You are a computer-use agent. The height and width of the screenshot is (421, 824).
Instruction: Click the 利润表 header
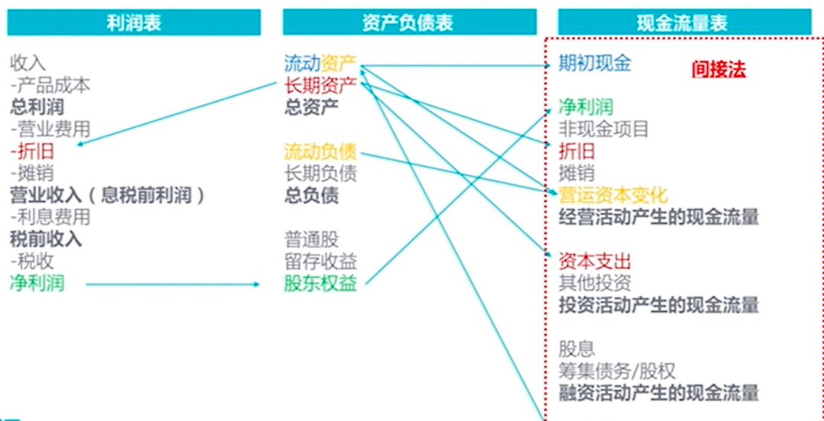coord(134,23)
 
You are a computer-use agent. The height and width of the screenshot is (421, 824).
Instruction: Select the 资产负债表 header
coord(408,23)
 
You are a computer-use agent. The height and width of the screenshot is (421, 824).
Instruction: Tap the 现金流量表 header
coord(683,23)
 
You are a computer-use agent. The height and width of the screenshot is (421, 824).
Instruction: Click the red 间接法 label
coord(718,69)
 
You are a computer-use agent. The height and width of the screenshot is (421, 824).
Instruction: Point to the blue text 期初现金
coord(595,63)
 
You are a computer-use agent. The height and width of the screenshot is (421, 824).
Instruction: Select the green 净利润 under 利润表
coord(37,284)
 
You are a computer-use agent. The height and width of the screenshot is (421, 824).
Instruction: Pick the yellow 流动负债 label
coord(320,151)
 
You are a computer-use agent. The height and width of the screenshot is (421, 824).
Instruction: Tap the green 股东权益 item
coord(320,284)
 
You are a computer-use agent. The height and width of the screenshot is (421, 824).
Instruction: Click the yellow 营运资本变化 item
coord(613,195)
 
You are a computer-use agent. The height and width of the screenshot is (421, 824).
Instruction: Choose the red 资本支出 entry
coord(595,262)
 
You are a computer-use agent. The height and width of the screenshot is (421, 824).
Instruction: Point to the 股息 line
coord(577,350)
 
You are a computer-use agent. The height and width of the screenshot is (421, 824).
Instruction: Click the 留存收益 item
coord(320,262)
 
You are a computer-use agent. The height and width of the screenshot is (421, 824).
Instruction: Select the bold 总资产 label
coord(311,107)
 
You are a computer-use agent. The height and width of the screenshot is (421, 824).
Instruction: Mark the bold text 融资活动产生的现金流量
coord(658,394)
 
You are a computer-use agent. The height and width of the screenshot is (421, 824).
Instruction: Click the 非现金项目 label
coord(604,129)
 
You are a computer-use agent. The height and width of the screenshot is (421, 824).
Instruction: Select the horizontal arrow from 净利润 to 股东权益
coord(172,284)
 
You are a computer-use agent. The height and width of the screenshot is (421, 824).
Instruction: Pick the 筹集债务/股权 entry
coord(616,372)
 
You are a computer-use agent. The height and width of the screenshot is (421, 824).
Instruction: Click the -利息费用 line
coord(50,217)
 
